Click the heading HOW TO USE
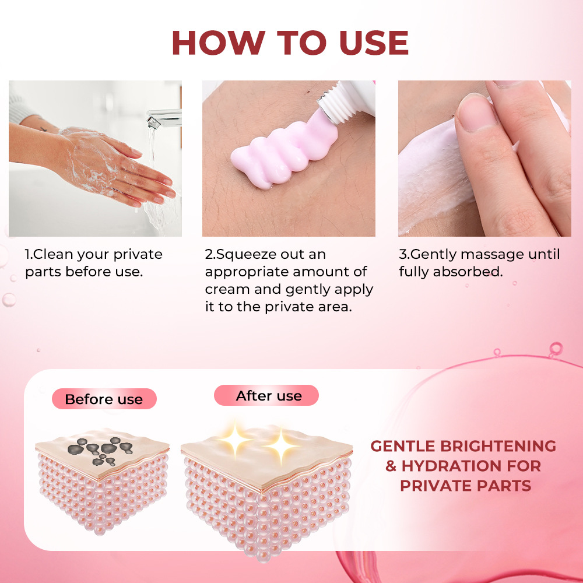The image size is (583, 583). click(290, 43)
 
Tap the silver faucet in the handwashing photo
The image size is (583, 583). click(163, 118)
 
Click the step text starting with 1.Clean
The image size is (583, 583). click(93, 263)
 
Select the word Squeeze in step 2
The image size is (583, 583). click(245, 255)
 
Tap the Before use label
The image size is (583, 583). click(104, 399)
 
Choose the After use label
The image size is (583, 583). click(269, 396)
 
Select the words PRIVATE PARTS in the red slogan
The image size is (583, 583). click(465, 486)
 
